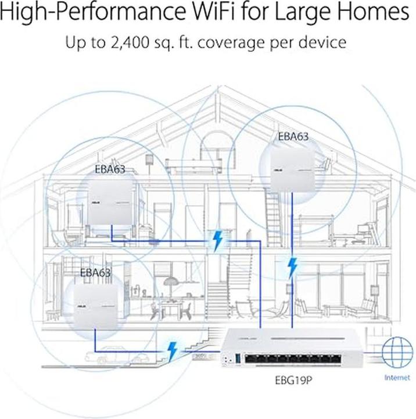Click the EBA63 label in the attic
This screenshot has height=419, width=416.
[x=293, y=137]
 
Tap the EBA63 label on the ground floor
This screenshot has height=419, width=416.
[x=95, y=271]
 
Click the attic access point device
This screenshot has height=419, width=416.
[x=289, y=169]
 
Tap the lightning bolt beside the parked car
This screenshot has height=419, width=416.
[x=173, y=351]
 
